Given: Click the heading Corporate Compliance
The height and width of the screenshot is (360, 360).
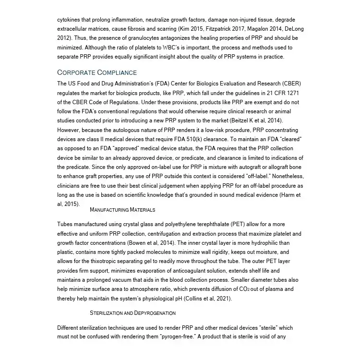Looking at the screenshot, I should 97,72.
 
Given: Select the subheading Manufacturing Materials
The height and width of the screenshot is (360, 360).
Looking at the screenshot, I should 122,210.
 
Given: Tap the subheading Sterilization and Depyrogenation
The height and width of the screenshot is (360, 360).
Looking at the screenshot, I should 132,313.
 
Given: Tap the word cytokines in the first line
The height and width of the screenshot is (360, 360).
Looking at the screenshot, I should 70,20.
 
